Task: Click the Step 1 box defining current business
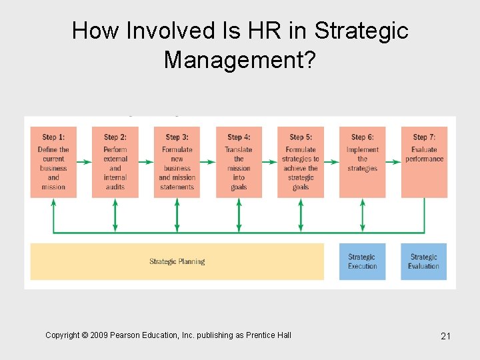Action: (x=53, y=162)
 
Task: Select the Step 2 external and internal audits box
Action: (x=115, y=162)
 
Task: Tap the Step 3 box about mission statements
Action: (x=177, y=162)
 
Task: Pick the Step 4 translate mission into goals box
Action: (x=239, y=162)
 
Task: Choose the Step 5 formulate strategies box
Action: (x=301, y=162)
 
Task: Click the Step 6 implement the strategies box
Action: (x=362, y=162)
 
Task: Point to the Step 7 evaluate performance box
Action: (x=424, y=162)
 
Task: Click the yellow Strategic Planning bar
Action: (x=177, y=261)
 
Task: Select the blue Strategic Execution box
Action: (x=362, y=261)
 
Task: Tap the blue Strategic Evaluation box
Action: (x=424, y=261)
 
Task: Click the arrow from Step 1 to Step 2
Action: (x=84, y=161)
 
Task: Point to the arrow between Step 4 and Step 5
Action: (x=269, y=161)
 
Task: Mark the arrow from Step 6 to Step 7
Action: (x=393, y=161)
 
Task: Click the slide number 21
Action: (x=446, y=336)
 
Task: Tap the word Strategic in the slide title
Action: (x=361, y=31)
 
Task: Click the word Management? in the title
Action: (x=239, y=60)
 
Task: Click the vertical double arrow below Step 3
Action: (x=177, y=215)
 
